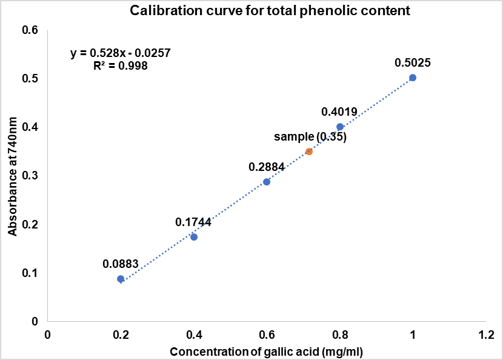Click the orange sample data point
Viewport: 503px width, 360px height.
pyautogui.click(x=309, y=152)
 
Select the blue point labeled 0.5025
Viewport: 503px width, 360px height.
pyautogui.click(x=413, y=78)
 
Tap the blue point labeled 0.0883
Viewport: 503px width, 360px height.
pyautogui.click(x=121, y=279)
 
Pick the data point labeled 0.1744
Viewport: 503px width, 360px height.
pyautogui.click(x=194, y=237)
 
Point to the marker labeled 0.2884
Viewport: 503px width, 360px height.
pyautogui.click(x=267, y=182)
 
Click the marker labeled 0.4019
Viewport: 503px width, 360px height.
pyautogui.click(x=340, y=127)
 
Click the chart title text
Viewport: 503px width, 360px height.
pyautogui.click(x=251, y=10)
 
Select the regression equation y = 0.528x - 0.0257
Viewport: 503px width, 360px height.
pyautogui.click(x=120, y=53)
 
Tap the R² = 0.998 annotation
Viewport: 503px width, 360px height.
pyautogui.click(x=120, y=65)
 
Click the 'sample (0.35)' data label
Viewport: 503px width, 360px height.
pyautogui.click(x=310, y=137)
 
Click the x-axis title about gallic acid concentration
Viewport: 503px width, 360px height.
pyautogui.click(x=266, y=352)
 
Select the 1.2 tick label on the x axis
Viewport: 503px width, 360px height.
pyautogui.click(x=486, y=335)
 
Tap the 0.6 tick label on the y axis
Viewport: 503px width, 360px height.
pyautogui.click(x=30, y=30)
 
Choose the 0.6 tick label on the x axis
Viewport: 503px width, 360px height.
pyautogui.click(x=267, y=335)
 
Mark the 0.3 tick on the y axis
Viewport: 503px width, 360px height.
pyautogui.click(x=30, y=176)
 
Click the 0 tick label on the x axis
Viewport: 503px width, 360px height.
pyautogui.click(x=48, y=335)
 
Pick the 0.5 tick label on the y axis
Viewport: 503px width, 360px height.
pyautogui.click(x=30, y=79)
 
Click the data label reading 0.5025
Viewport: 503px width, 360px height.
pyautogui.click(x=413, y=62)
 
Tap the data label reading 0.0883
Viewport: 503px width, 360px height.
pyautogui.click(x=121, y=264)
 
